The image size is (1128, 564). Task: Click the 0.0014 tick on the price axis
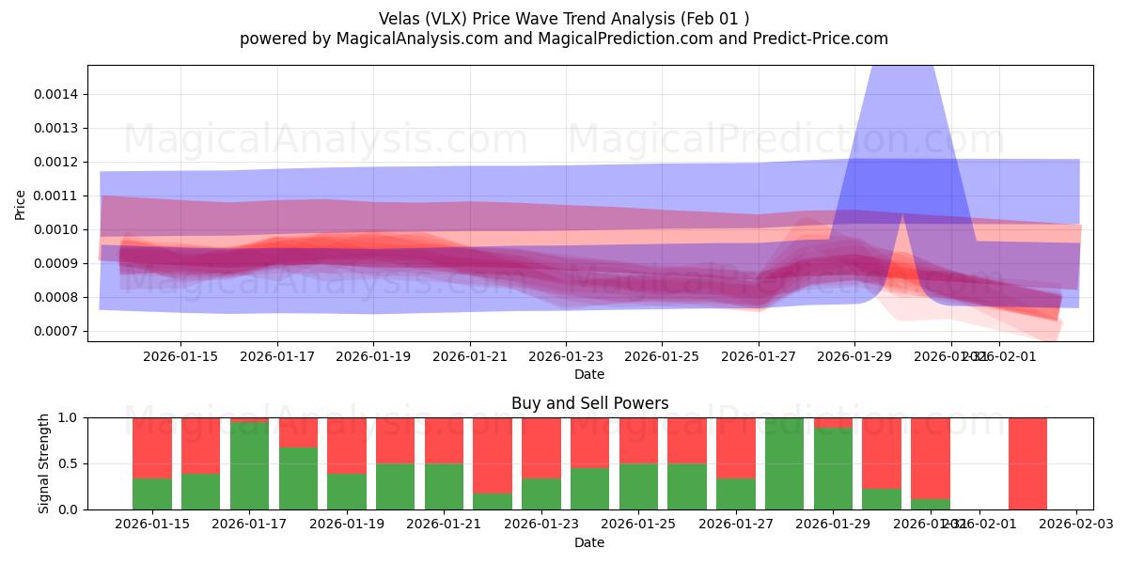click(56, 94)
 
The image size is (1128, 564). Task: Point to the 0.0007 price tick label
click(56, 331)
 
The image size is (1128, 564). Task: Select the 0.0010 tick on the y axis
click(56, 229)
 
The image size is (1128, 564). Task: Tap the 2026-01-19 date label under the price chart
click(373, 356)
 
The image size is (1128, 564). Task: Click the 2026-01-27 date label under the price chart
click(758, 356)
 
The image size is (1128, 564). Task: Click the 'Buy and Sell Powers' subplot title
click(589, 403)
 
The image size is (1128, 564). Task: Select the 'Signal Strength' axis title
click(44, 463)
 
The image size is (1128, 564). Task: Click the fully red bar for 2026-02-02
click(1027, 463)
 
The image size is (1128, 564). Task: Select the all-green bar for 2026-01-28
click(785, 463)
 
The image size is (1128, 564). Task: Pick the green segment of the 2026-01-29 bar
click(833, 469)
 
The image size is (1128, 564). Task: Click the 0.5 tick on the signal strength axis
click(70, 463)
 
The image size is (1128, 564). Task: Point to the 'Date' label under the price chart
click(589, 374)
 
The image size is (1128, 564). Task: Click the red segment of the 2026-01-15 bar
click(152, 447)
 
